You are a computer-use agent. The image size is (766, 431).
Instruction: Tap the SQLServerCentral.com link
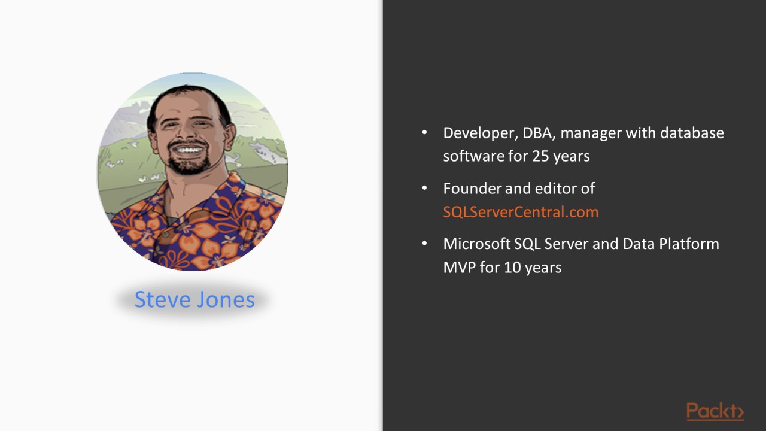[x=521, y=212]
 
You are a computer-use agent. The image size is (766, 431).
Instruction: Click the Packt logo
[x=715, y=412]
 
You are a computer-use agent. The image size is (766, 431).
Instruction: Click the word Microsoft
[x=476, y=244]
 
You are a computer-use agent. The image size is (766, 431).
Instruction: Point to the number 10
[x=512, y=268]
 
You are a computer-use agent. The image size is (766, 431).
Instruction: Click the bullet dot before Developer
[x=425, y=133]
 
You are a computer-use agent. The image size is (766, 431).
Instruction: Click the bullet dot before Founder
[x=425, y=189]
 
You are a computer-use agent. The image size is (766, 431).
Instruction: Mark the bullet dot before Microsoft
[x=425, y=244]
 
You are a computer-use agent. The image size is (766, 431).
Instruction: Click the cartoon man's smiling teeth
[x=189, y=149]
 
